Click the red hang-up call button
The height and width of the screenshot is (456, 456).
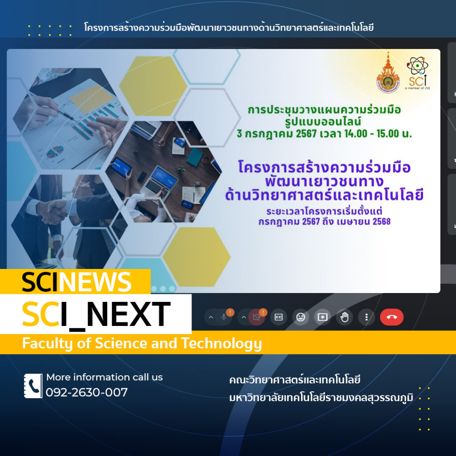click(x=391, y=317)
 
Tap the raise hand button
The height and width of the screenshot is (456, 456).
click(x=344, y=317)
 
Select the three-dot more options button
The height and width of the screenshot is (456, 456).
click(x=366, y=317)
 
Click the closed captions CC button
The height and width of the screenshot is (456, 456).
click(x=279, y=317)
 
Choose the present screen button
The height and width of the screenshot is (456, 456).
click(x=322, y=317)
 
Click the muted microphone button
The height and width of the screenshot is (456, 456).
click(x=224, y=317)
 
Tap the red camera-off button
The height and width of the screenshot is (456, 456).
click(x=256, y=317)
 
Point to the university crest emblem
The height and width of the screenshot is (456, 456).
click(x=388, y=74)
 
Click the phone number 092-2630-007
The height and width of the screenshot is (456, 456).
click(x=87, y=392)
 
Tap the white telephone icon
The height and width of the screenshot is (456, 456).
click(x=33, y=386)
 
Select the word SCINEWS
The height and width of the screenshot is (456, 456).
click(x=77, y=282)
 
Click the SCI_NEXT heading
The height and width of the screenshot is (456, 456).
click(x=96, y=314)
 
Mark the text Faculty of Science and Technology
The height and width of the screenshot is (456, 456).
click(x=142, y=343)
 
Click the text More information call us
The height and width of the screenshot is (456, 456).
click(x=105, y=377)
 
